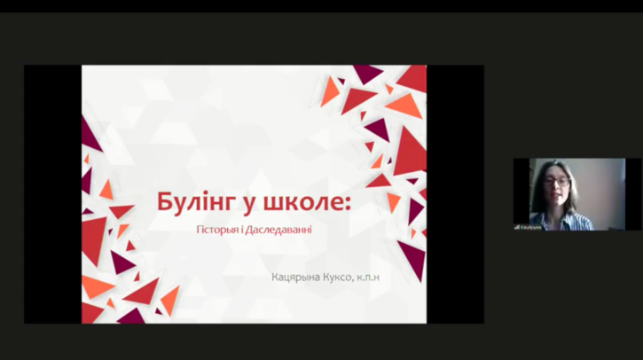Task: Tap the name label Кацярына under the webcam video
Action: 532,227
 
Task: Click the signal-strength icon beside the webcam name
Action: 517,227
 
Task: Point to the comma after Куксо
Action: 365,281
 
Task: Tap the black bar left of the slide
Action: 52,194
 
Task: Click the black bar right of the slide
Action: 455,194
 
